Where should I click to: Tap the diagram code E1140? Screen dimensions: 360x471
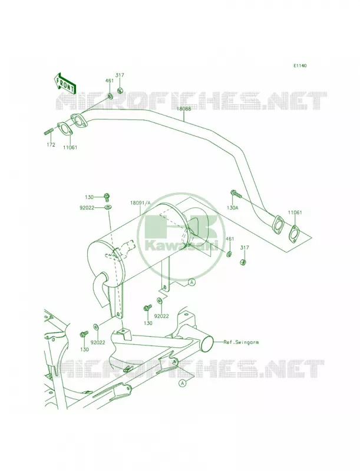pyautogui.click(x=300, y=65)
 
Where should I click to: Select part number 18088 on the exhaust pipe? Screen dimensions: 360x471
pyautogui.click(x=183, y=109)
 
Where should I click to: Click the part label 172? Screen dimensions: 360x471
pyautogui.click(x=51, y=144)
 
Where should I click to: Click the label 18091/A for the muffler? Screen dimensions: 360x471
pyautogui.click(x=140, y=203)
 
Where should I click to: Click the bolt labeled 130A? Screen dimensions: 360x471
pyautogui.click(x=236, y=193)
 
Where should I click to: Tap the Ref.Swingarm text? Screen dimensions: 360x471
pyautogui.click(x=241, y=342)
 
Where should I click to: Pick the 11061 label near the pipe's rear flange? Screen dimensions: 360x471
pyautogui.click(x=295, y=213)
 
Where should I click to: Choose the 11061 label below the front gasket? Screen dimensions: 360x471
pyautogui.click(x=70, y=148)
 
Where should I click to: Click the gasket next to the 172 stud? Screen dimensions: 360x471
pyautogui.click(x=65, y=129)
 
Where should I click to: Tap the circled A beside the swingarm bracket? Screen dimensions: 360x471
pyautogui.click(x=182, y=383)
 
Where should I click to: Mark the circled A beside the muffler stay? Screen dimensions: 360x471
pyautogui.click(x=191, y=282)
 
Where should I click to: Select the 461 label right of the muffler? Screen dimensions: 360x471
pyautogui.click(x=230, y=239)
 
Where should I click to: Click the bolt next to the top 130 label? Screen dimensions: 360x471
pyautogui.click(x=106, y=197)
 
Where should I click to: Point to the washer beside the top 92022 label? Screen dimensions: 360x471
pyautogui.click(x=108, y=207)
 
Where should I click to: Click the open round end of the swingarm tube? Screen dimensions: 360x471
pyautogui.click(x=207, y=343)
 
